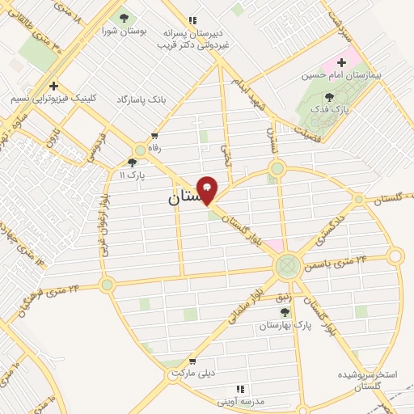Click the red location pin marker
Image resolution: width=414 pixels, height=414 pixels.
tap(207, 189)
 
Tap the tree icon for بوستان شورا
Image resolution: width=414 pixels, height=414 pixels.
tap(124, 17)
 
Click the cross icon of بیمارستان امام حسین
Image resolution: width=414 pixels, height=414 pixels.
tap(342, 61)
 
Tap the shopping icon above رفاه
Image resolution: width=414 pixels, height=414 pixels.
tap(154, 136)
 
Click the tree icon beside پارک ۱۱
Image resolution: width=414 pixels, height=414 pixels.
tap(132, 162)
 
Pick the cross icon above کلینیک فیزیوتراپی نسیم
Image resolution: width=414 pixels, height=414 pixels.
tap(53, 85)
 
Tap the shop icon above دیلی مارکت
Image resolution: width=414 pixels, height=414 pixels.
tap(192, 361)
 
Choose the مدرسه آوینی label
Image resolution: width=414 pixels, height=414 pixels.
tap(242, 401)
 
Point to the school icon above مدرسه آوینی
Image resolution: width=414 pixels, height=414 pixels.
tap(242, 389)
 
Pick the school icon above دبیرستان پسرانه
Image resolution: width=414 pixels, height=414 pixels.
tap(192, 20)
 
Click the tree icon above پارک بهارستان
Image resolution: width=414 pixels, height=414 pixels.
tap(284, 312)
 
